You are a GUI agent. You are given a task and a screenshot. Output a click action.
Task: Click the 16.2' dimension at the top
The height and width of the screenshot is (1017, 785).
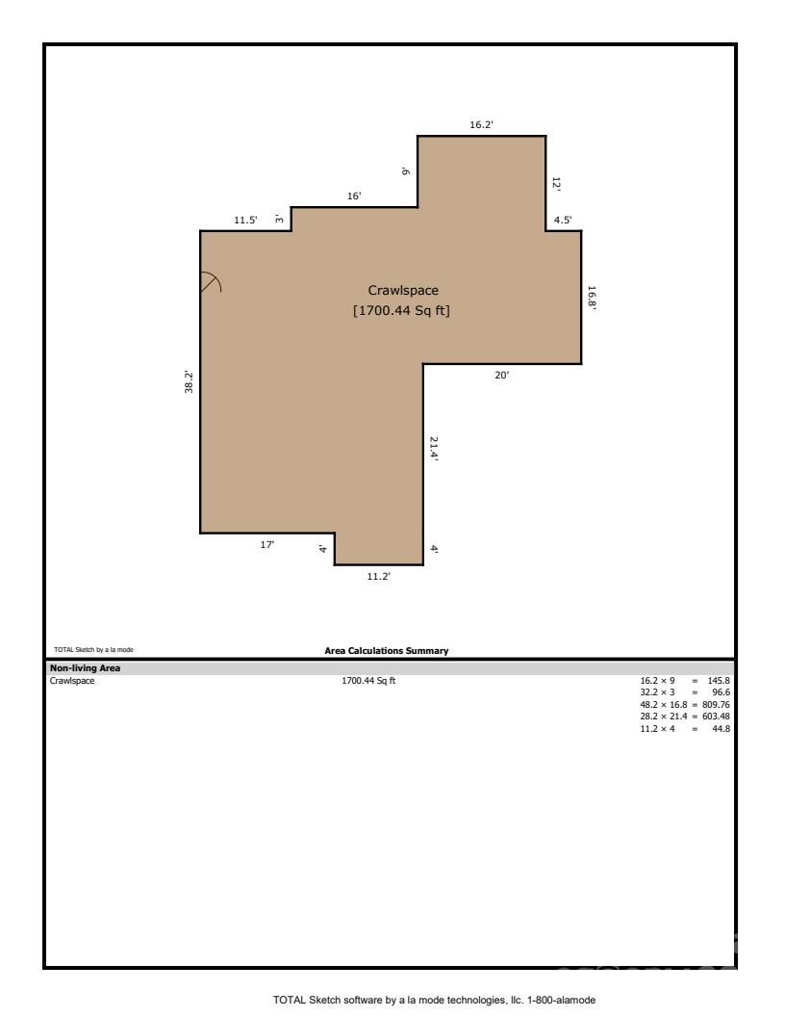(x=481, y=125)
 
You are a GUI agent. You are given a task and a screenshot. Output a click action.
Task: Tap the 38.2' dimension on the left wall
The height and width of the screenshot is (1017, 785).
(x=190, y=382)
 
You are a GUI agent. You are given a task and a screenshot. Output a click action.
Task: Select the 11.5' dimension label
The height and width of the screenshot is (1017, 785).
(x=245, y=221)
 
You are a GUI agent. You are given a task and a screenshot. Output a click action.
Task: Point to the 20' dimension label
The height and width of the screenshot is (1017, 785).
(x=501, y=376)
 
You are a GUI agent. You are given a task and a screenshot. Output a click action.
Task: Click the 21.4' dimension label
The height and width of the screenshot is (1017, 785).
(x=434, y=449)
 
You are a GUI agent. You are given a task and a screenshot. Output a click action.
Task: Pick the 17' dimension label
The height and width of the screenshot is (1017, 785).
(x=267, y=545)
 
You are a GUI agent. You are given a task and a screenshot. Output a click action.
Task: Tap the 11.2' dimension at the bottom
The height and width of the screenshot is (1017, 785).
(x=379, y=576)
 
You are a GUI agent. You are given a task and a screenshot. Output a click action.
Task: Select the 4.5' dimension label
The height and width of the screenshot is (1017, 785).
(x=562, y=221)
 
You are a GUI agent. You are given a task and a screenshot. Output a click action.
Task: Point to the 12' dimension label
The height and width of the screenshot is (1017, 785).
(x=556, y=183)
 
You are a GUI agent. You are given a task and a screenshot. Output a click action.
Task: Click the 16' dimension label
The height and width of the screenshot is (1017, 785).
(x=354, y=196)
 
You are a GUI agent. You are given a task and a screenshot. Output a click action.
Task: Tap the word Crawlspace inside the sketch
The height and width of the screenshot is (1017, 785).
(x=403, y=290)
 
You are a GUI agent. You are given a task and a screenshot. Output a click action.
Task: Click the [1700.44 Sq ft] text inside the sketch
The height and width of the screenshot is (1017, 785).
(x=402, y=310)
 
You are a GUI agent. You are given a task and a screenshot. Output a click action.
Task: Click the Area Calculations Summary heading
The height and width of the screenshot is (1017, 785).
(x=387, y=651)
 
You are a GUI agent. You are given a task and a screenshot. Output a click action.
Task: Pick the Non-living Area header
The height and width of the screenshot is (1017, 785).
(x=85, y=667)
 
